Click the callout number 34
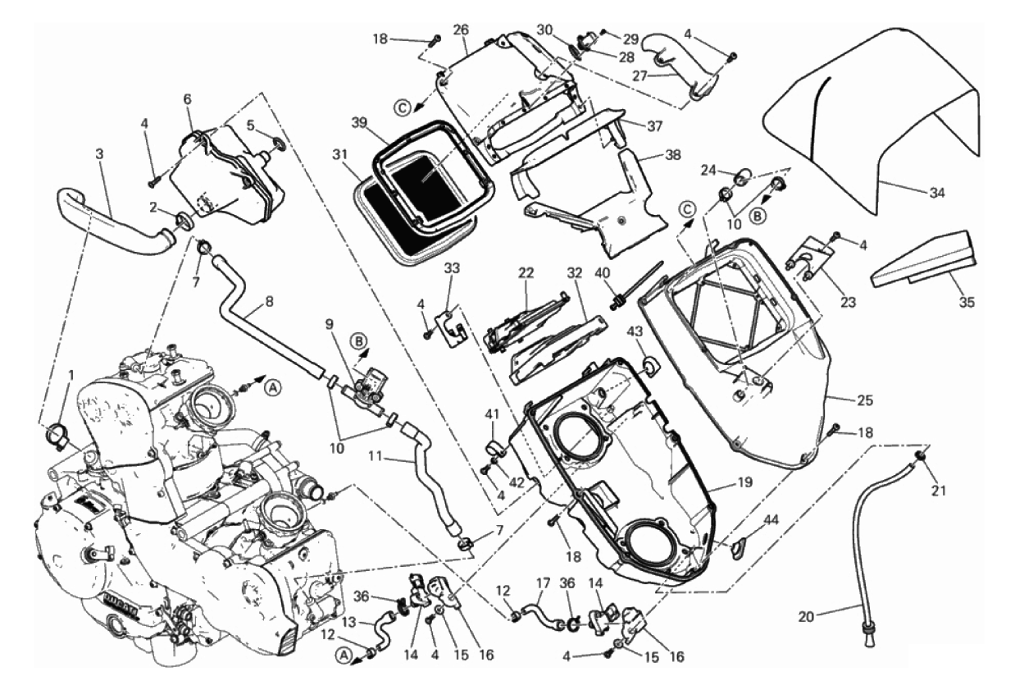[x=937, y=194]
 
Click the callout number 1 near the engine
[x=72, y=374]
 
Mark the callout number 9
[x=330, y=323]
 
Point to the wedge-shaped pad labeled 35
[x=918, y=258]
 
